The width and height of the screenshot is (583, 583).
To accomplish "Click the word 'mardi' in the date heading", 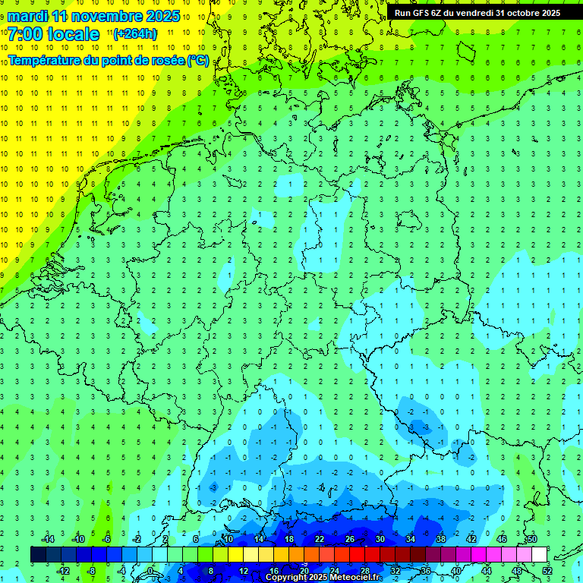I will (x=28, y=16).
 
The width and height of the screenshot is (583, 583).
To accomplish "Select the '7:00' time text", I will (x=24, y=34).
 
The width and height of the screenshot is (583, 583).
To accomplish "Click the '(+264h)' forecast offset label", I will (x=135, y=33).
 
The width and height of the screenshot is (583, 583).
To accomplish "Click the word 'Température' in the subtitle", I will (x=46, y=60).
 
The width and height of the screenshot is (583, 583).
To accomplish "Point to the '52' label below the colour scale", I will (x=547, y=570).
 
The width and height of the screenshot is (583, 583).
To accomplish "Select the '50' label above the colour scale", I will (x=532, y=539).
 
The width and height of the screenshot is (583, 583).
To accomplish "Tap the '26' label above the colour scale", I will (x=350, y=539).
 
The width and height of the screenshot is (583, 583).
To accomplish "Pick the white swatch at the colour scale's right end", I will (x=540, y=554).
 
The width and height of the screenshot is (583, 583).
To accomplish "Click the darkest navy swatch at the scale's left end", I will (x=38, y=554).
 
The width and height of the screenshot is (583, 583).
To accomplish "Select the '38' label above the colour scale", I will (x=441, y=539).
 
